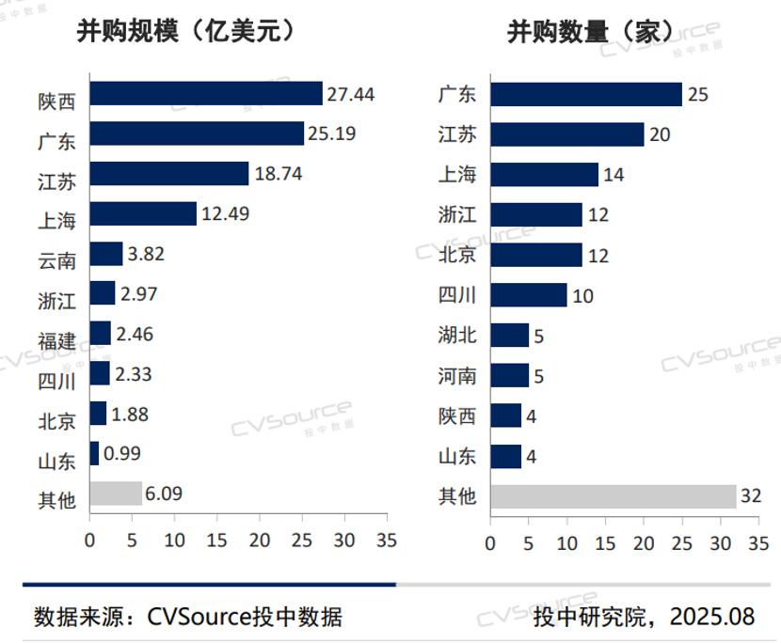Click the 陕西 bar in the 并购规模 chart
pyautogui.click(x=206, y=94)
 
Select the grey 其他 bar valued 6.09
pyautogui.click(x=116, y=493)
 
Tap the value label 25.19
pyautogui.click(x=330, y=133)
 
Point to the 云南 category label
pyautogui.click(x=57, y=256)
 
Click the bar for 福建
pyautogui.click(x=101, y=334)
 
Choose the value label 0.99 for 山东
pyautogui.click(x=122, y=453)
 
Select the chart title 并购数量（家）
pyautogui.click(x=591, y=31)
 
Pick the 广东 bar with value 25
pyautogui.click(x=586, y=94)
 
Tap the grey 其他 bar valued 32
pyautogui.click(x=614, y=495)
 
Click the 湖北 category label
pyautogui.click(x=457, y=336)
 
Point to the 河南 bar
pyautogui.click(x=510, y=376)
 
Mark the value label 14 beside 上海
pyautogui.click(x=614, y=175)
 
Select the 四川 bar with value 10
pyautogui.click(x=529, y=295)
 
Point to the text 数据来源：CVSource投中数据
pyautogui.click(x=188, y=617)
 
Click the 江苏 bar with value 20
pyautogui.click(x=567, y=134)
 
